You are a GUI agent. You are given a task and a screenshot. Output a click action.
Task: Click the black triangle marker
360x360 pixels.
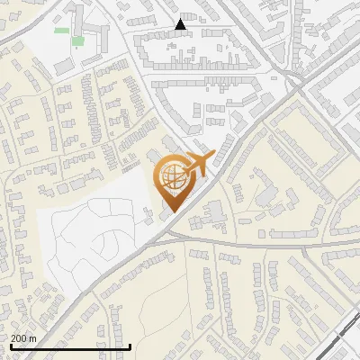click(182, 24)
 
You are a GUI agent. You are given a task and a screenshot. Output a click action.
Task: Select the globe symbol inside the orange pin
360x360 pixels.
click(172, 178)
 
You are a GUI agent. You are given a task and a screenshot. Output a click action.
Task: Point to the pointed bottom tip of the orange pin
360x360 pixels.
click(171, 212)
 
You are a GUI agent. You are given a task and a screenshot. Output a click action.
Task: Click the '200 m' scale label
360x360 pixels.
click(23, 338)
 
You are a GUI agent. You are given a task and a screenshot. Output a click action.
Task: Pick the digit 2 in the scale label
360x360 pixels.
click(13, 338)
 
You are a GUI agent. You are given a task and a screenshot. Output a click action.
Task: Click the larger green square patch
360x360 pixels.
click(77, 40)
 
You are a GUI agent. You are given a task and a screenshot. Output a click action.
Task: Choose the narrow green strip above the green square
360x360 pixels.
click(62, 30)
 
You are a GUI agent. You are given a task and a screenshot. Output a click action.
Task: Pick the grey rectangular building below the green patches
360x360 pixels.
click(62, 67)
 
